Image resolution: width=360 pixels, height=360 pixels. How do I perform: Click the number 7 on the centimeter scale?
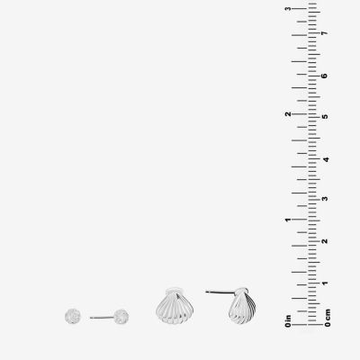click(324, 33)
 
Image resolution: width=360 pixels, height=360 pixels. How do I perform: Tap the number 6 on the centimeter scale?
click(324, 76)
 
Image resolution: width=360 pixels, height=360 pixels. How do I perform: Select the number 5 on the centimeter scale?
click(324, 117)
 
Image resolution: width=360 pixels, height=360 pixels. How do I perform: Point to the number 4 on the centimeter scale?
click(324, 159)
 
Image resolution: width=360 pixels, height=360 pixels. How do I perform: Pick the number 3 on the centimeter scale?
click(324, 199)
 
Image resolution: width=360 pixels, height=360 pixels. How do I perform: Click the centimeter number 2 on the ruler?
click(324, 241)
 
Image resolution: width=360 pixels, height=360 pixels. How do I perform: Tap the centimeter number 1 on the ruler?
click(324, 283)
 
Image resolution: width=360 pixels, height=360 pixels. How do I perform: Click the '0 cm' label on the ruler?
click(328, 318)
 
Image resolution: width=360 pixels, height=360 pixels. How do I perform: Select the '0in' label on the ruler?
click(288, 320)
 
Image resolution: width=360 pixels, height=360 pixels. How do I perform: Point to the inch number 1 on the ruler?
click(288, 220)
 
